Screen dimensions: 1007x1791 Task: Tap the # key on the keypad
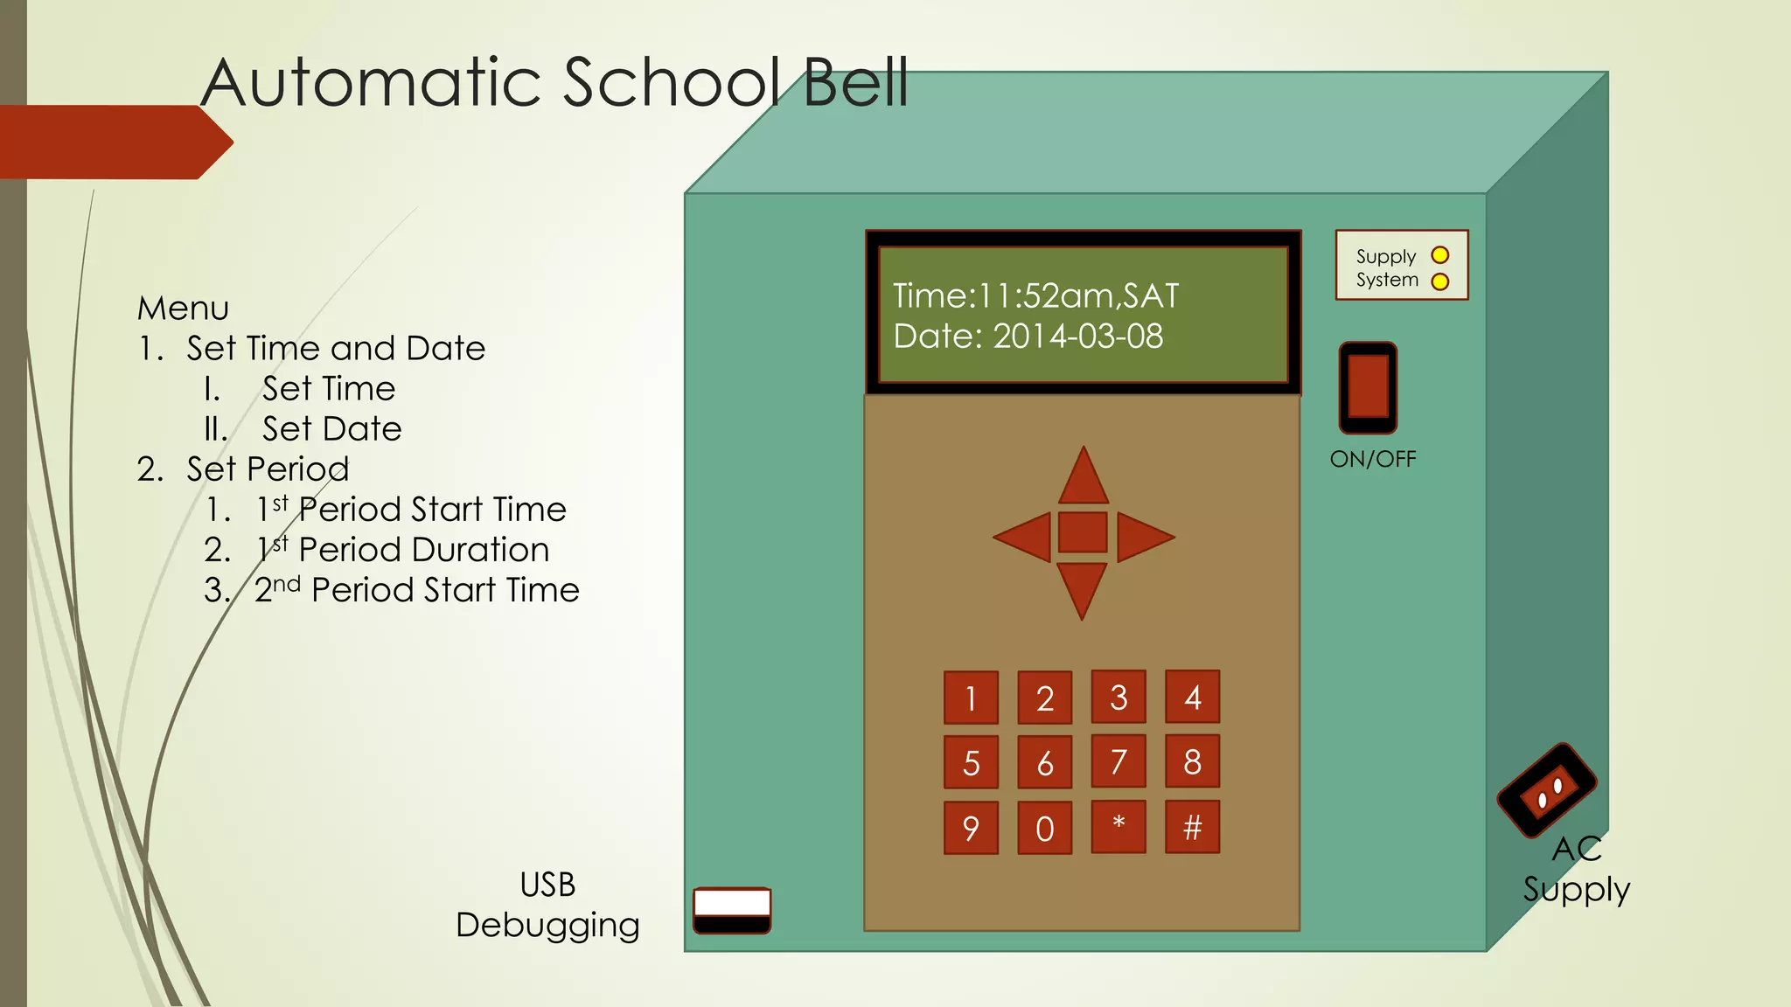pyautogui.click(x=1192, y=827)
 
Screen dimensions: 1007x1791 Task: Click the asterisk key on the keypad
pyautogui.click(x=1119, y=827)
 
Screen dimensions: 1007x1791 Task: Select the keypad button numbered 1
pyautogui.click(x=971, y=698)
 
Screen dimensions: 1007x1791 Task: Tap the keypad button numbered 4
pyautogui.click(x=1192, y=698)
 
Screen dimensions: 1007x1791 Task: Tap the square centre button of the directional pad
pyautogui.click(x=1083, y=532)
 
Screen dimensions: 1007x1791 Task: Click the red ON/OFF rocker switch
pyautogui.click(x=1368, y=387)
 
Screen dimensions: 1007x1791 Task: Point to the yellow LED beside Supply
pyautogui.click(x=1439, y=255)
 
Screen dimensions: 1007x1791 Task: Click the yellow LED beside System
pyautogui.click(x=1439, y=281)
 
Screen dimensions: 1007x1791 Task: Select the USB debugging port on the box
pyautogui.click(x=732, y=910)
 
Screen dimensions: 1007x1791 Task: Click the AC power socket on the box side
pyautogui.click(x=1546, y=790)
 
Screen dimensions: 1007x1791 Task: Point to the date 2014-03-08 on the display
pyautogui.click(x=1077, y=337)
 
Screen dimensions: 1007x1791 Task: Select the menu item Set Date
pyautogui.click(x=331, y=429)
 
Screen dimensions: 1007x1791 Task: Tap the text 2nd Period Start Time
pyautogui.click(x=416, y=590)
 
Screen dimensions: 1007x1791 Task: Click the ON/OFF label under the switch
pyautogui.click(x=1372, y=459)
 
